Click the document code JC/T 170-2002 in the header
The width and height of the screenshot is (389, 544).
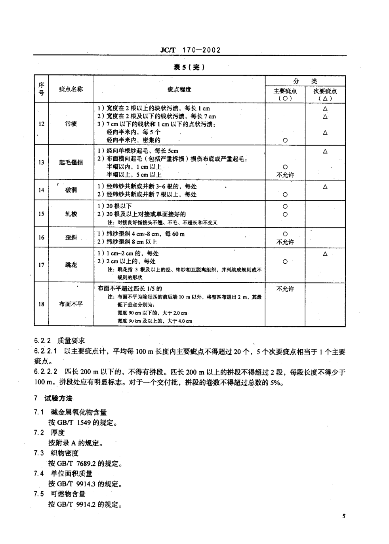pyautogui.click(x=190, y=50)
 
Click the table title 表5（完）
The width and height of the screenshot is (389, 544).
pyautogui.click(x=189, y=67)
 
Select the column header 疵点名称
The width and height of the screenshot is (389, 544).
pyautogui.click(x=71, y=89)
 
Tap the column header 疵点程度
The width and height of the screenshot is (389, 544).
pyautogui.click(x=179, y=89)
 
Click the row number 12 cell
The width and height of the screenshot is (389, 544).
pyautogui.click(x=41, y=124)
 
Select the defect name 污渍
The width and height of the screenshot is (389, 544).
pyautogui.click(x=71, y=124)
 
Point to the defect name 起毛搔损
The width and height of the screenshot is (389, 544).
pyautogui.click(x=71, y=162)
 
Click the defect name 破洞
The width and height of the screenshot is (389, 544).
pyautogui.click(x=71, y=190)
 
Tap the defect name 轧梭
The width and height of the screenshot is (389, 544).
pyautogui.click(x=71, y=214)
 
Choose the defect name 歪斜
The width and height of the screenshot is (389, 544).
pyautogui.click(x=71, y=238)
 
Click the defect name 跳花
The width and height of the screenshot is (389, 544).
pyautogui.click(x=71, y=265)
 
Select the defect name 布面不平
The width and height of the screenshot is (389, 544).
pyautogui.click(x=71, y=304)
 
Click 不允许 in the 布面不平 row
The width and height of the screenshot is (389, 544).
pyautogui.click(x=285, y=289)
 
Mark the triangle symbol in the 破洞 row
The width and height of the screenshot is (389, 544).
pyautogui.click(x=325, y=186)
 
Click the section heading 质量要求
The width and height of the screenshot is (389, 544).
pyautogui.click(x=71, y=340)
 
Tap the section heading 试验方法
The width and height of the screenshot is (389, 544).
pyautogui.click(x=59, y=398)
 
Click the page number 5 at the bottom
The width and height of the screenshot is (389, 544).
pyautogui.click(x=344, y=516)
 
